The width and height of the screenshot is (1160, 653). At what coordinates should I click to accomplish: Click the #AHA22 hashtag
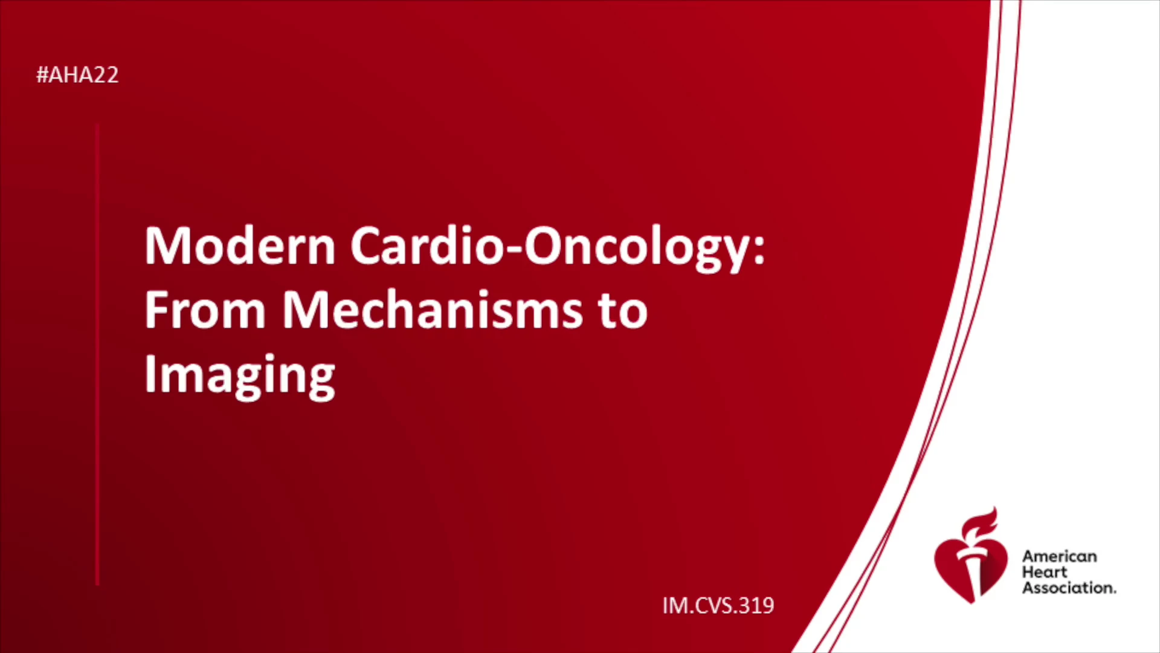point(77,75)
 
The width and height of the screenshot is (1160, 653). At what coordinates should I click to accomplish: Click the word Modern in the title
point(240,246)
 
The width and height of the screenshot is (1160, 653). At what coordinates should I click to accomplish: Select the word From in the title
point(205,310)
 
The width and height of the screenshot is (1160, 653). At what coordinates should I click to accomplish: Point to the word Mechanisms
point(433,310)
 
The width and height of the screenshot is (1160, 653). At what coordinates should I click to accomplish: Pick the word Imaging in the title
point(240,375)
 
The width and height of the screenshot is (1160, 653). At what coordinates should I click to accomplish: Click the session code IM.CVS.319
point(718,605)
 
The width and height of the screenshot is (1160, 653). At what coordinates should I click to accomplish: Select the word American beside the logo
point(1059,556)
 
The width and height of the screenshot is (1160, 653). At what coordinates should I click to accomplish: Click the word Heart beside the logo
point(1045,572)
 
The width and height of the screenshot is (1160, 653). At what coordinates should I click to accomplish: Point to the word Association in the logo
point(1069,588)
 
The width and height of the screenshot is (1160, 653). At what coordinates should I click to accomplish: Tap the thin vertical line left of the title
point(97,354)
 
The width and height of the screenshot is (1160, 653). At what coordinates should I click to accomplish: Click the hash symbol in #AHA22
point(42,75)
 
